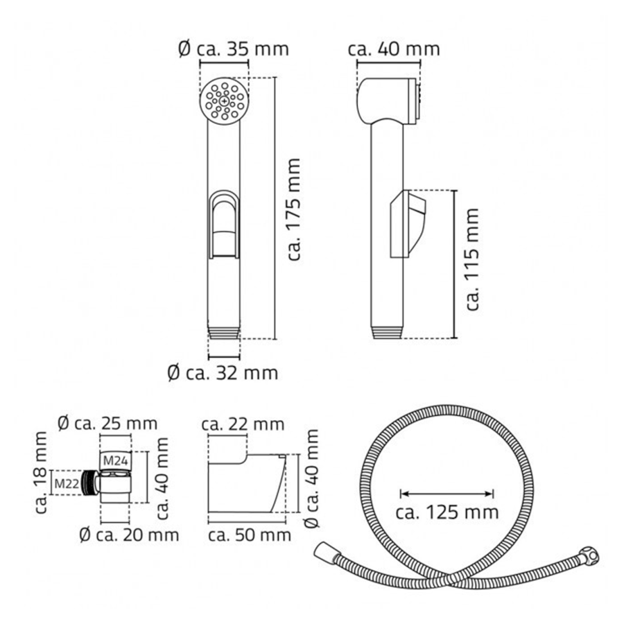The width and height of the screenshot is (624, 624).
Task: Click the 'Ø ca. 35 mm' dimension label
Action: click(234, 49)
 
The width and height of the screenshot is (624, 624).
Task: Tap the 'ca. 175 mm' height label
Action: click(294, 209)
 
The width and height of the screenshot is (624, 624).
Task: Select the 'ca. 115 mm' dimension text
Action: click(472, 259)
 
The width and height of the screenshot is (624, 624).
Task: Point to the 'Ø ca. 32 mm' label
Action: click(223, 373)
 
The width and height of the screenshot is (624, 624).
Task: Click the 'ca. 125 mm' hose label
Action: click(447, 512)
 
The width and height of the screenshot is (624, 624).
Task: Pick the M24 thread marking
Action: click(115, 461)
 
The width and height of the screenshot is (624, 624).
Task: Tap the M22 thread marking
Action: click(67, 483)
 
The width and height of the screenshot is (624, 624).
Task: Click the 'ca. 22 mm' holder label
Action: click(243, 424)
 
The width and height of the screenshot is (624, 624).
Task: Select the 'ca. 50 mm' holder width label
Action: click(250, 535)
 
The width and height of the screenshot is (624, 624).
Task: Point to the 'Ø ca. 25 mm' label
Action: click(107, 424)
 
